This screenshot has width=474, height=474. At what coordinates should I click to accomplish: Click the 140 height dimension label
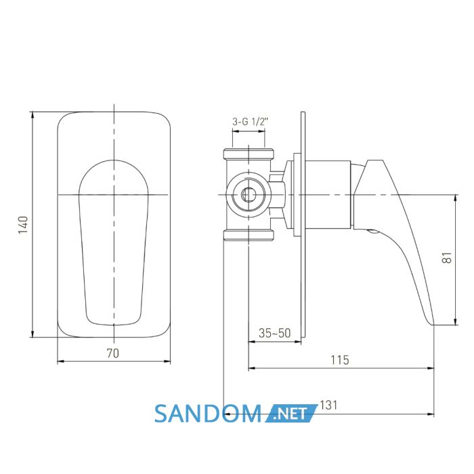coord(23,225)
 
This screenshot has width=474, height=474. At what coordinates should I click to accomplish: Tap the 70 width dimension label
coord(113,353)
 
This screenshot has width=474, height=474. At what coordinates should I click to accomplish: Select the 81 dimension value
coord(448,257)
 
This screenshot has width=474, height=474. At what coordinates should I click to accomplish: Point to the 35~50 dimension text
coord(274,333)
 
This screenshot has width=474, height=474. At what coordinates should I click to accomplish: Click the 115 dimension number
coord(340,360)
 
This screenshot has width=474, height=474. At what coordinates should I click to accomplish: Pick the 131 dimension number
coord(328,405)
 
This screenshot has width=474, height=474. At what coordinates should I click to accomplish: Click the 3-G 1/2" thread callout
coord(251,122)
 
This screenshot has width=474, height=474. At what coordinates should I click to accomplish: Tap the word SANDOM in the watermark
coord(209,414)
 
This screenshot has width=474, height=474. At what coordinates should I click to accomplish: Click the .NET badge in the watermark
coord(291,414)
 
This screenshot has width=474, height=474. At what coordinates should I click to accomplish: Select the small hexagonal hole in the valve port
coord(249,195)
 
